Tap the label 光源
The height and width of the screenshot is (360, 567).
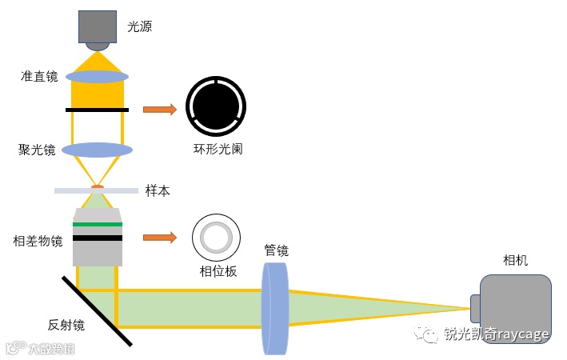[x=139, y=26]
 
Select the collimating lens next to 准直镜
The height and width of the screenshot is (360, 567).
[x=97, y=77]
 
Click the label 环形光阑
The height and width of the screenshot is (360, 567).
[x=218, y=149]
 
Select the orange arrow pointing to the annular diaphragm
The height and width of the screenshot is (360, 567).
[x=159, y=110]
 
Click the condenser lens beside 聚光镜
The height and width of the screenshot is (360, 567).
[x=97, y=150]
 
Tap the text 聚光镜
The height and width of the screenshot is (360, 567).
[x=38, y=150]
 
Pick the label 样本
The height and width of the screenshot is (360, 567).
[x=158, y=191]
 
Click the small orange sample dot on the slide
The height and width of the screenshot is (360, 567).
[x=97, y=188]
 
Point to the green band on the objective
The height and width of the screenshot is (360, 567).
[x=97, y=225]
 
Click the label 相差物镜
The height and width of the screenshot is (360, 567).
[x=38, y=240]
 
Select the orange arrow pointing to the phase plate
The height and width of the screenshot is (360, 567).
[x=159, y=237]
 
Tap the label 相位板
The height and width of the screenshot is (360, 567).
[x=218, y=271]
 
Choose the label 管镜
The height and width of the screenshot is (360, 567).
[x=277, y=250]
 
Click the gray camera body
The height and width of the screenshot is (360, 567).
[x=516, y=307]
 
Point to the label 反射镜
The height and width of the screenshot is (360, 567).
[x=66, y=325]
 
